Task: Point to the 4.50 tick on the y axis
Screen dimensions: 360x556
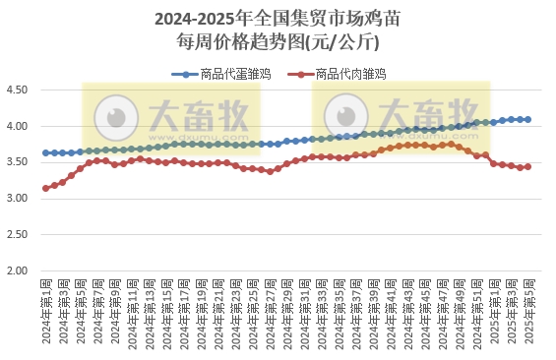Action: pyautogui.click(x=19, y=90)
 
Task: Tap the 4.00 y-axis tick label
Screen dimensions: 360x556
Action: pyautogui.click(x=19, y=127)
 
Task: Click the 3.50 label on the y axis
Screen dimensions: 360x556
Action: pyautogui.click(x=19, y=162)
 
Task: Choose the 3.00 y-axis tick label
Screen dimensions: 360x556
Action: pyautogui.click(x=19, y=199)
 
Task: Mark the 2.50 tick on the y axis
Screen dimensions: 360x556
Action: pyautogui.click(x=19, y=235)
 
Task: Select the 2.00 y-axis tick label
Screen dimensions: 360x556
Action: pyautogui.click(x=19, y=270)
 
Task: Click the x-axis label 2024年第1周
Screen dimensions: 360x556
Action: pyautogui.click(x=46, y=310)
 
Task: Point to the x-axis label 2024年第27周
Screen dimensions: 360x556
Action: pyautogui.click(x=271, y=310)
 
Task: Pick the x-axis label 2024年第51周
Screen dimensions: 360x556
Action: pyautogui.click(x=476, y=310)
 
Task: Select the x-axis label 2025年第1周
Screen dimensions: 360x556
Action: pyautogui.click(x=493, y=310)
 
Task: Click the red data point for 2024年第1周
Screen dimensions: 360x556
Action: pyautogui.click(x=46, y=188)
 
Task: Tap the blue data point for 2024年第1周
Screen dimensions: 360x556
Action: pyautogui.click(x=46, y=152)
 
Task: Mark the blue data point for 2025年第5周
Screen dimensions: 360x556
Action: pyautogui.click(x=527, y=119)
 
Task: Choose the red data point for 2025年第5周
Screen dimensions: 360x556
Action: pyautogui.click(x=527, y=166)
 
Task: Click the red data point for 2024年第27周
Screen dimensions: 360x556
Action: pyautogui.click(x=271, y=171)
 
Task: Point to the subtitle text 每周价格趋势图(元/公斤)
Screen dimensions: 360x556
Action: pyautogui.click(x=278, y=41)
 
